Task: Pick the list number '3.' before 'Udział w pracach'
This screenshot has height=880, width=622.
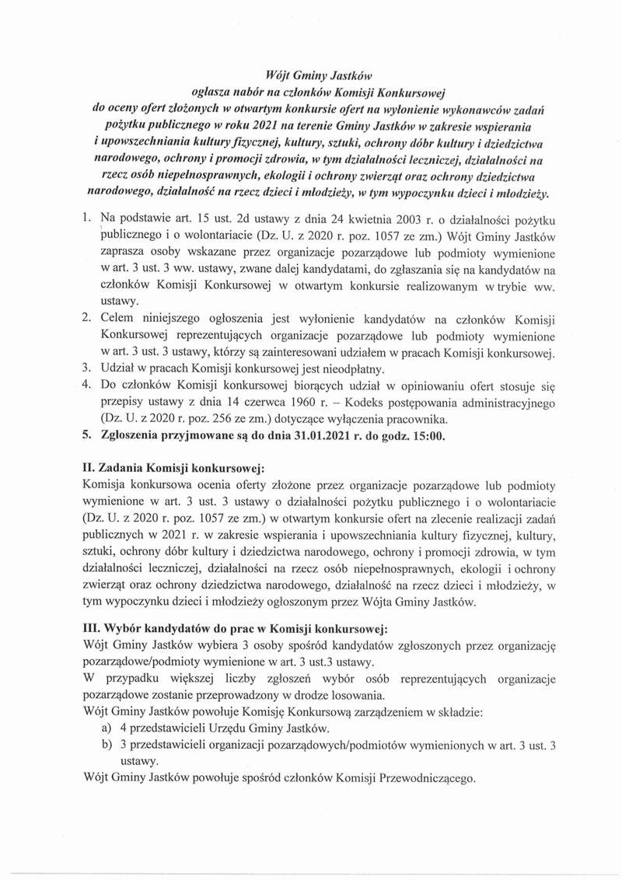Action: click(88, 368)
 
